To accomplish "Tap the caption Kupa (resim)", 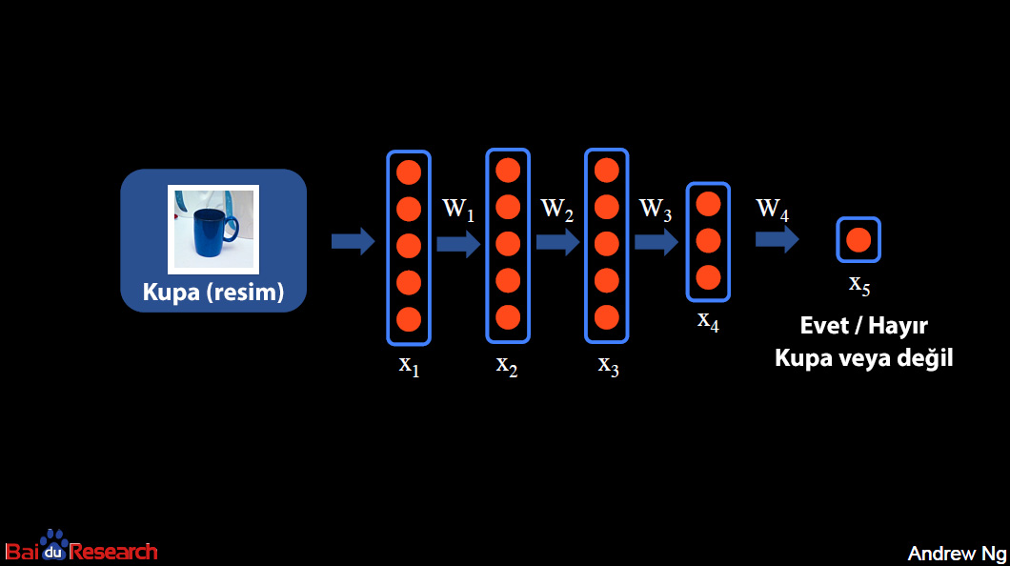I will coord(213,292).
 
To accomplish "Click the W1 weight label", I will coord(458,210).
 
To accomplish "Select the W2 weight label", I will coord(557,210).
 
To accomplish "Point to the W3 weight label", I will coord(656,210).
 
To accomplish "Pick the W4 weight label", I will coord(773,210).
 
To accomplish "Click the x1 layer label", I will coord(409,365).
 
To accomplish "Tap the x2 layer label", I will coord(507,365).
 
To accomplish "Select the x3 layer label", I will coord(608,365).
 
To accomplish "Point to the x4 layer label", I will coord(708,321).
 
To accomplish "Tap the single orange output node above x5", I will coord(858,240).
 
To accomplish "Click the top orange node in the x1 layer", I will coord(409,172).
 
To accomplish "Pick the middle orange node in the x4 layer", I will coord(708,240).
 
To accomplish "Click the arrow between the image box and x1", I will coord(353,242).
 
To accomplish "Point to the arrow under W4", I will coord(777,238).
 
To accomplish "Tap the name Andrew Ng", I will coord(955,554).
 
